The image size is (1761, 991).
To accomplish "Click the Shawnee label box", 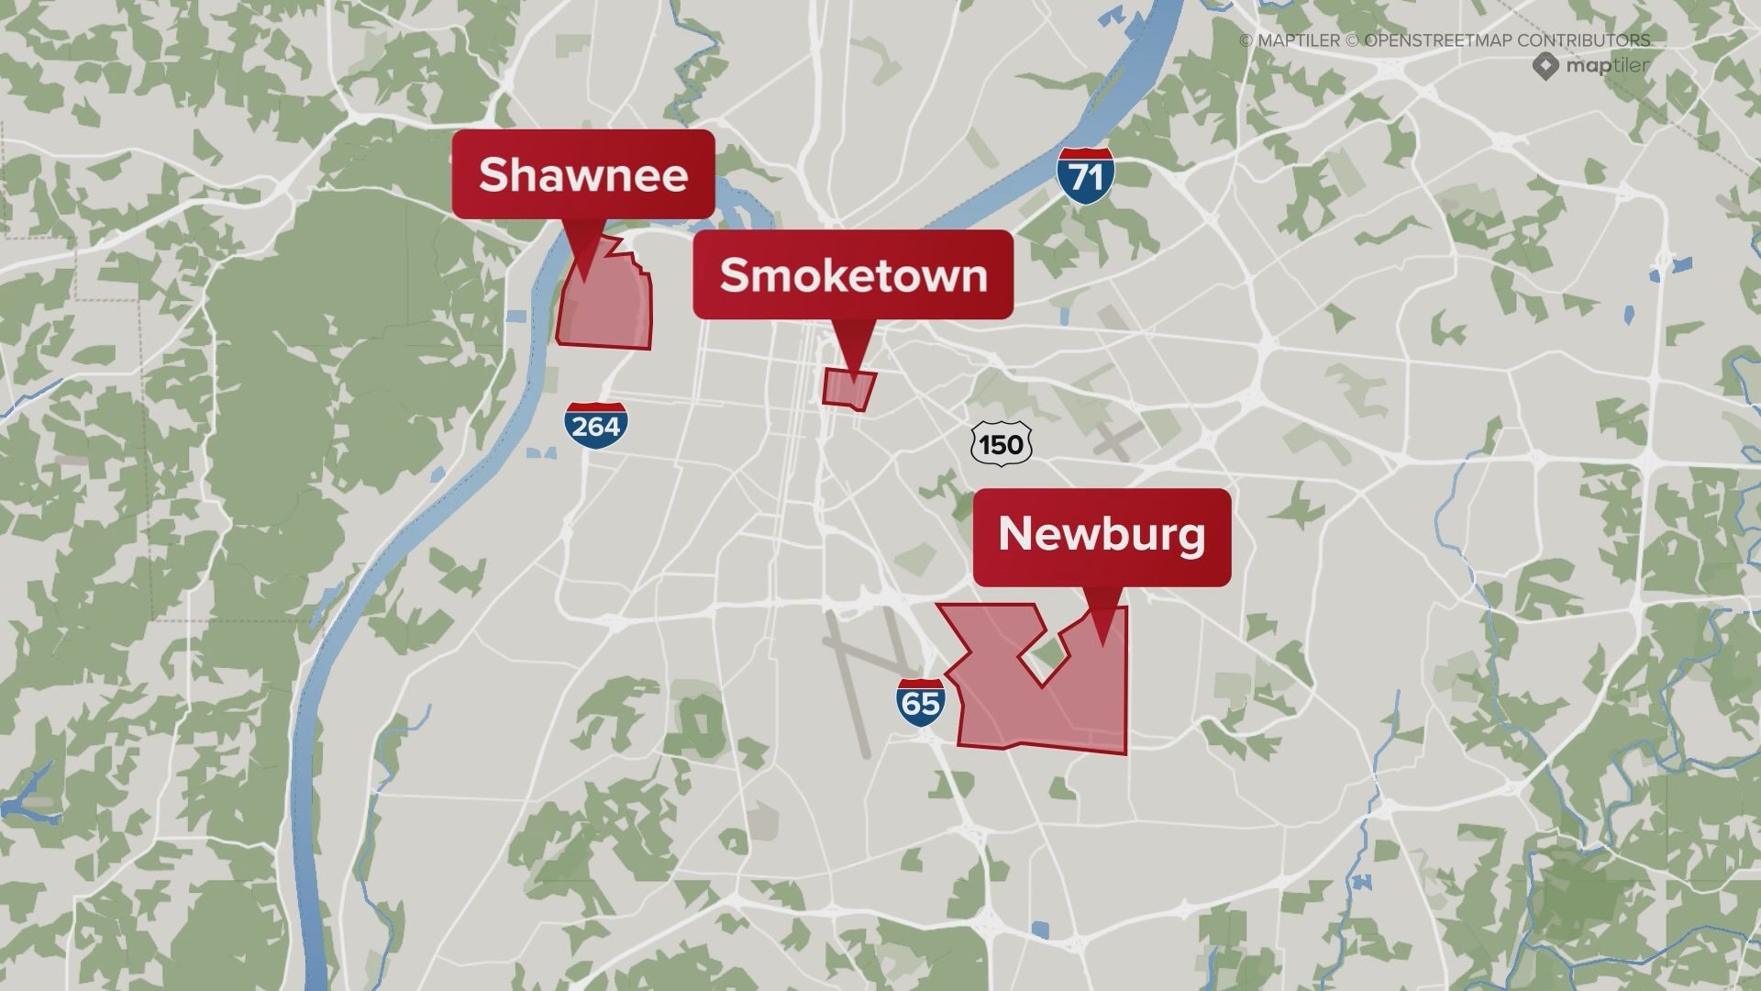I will click(582, 174).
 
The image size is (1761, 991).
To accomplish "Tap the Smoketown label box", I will click(853, 274).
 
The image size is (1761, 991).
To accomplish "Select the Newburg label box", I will click(1102, 536).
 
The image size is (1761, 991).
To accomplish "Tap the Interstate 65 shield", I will click(920, 703).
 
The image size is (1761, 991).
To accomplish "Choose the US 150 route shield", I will click(1001, 445).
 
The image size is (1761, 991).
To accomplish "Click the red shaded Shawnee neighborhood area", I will click(605, 307).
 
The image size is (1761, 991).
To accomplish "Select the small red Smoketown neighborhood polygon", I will click(847, 388).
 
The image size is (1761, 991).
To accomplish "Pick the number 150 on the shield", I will click(1001, 446).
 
